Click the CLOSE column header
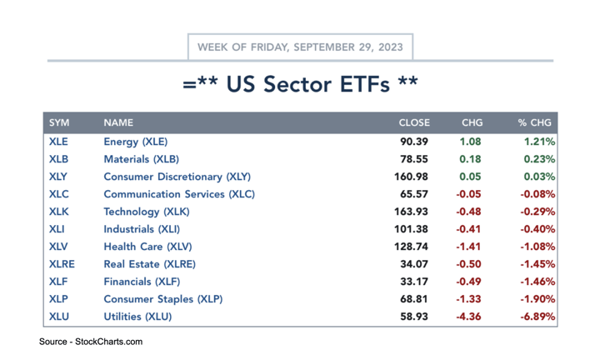[414, 122]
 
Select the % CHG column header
[535, 122]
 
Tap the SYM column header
[59, 122]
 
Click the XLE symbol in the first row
[58, 142]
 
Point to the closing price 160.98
[412, 177]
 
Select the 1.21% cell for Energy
[540, 142]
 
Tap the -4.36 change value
[469, 317]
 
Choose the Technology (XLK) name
[147, 212]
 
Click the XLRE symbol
[62, 264]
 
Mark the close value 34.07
[415, 264]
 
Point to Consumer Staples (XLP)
[162, 299]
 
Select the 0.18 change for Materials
[472, 159]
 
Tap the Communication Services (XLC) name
[179, 194]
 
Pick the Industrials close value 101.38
[412, 229]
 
